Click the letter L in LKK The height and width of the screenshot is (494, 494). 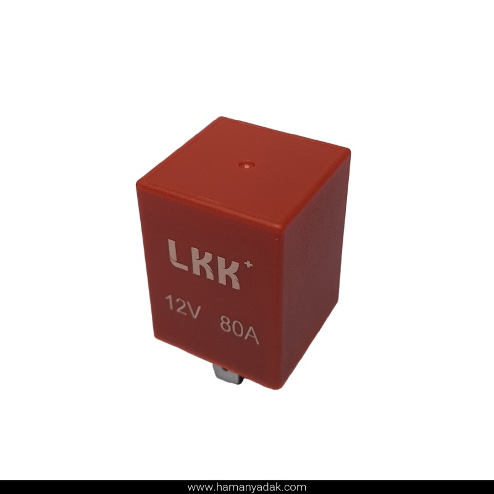click(178, 257)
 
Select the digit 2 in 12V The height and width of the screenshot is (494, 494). click(181, 305)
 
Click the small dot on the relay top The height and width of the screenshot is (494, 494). click(246, 165)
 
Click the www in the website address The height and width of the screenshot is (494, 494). click(198, 487)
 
